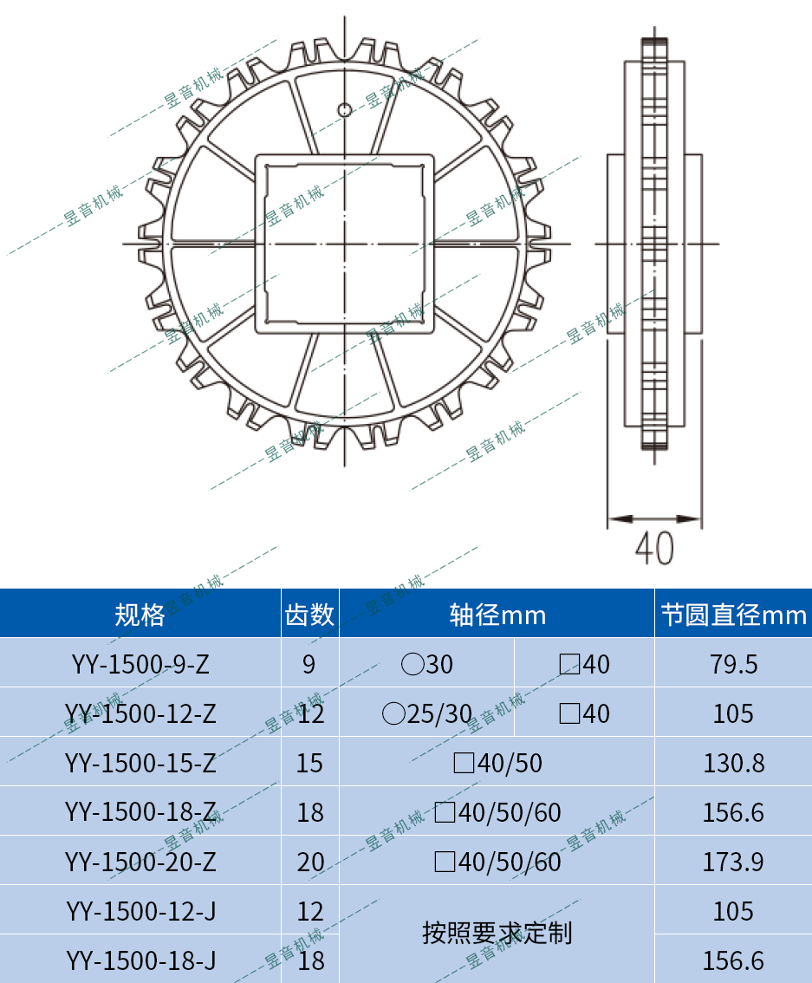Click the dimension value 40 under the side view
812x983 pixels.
click(x=654, y=548)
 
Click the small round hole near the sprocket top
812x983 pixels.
click(x=344, y=109)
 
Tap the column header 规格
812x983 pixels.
click(x=140, y=615)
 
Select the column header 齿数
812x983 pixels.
click(x=309, y=615)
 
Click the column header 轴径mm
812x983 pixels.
click(x=497, y=615)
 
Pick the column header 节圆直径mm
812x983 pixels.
click(x=733, y=615)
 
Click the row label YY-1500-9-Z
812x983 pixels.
click(x=140, y=664)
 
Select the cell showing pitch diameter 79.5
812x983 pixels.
click(x=733, y=664)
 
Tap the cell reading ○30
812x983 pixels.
click(x=427, y=665)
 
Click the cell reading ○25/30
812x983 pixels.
click(x=427, y=714)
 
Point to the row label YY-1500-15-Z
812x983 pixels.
click(x=140, y=763)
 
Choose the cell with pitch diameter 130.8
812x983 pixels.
click(x=733, y=763)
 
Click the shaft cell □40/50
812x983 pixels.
click(x=497, y=763)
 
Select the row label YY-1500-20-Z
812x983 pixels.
click(x=140, y=862)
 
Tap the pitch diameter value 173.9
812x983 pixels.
click(x=733, y=862)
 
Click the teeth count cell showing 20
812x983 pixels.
click(x=309, y=862)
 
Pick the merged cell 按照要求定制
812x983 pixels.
click(x=497, y=934)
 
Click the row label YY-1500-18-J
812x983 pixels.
click(x=140, y=960)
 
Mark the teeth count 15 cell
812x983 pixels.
click(x=309, y=763)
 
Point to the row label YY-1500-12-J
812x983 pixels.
click(x=140, y=911)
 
